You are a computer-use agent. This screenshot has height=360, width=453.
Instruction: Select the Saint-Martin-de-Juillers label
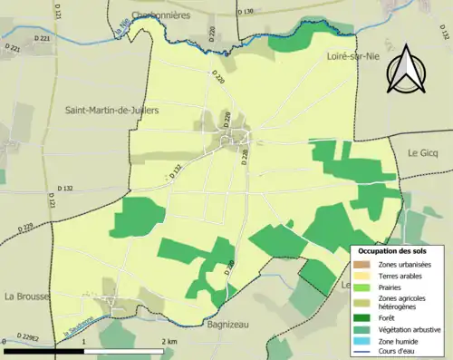tap(111, 111)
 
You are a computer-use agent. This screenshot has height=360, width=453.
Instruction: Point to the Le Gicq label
tap(422, 152)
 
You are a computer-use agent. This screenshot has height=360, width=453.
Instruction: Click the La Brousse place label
tap(24, 296)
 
